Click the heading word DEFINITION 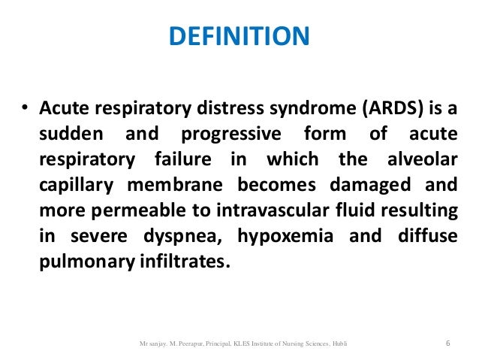239,36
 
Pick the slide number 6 447,343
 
